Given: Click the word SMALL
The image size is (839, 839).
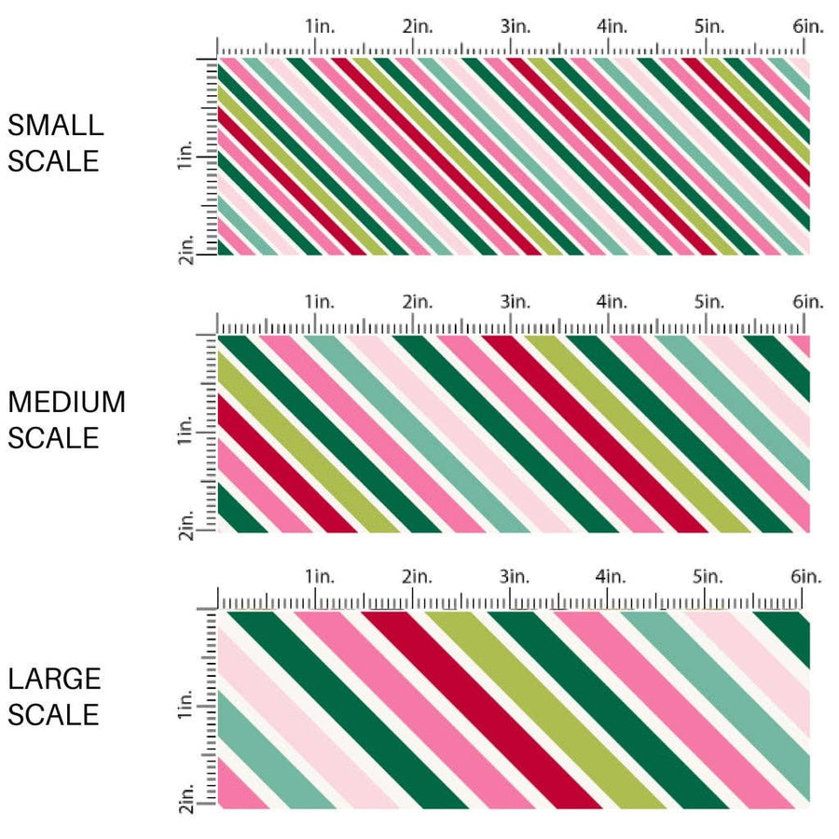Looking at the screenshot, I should [x=55, y=125].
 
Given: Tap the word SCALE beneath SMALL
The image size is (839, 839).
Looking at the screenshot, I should [x=54, y=161].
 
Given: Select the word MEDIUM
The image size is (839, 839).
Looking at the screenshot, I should [x=66, y=402].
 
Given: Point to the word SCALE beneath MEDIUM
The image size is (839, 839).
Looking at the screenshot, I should [x=54, y=437].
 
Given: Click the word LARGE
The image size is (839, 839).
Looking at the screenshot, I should [x=54, y=679].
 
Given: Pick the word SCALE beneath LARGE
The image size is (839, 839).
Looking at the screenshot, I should [x=54, y=715].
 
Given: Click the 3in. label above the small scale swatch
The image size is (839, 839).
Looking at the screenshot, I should [x=515, y=27].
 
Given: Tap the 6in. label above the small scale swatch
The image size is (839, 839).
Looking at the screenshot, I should [x=808, y=27].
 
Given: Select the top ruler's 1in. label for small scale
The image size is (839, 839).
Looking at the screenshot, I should [x=319, y=27].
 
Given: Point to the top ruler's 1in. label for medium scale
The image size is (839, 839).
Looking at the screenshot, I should [x=319, y=302].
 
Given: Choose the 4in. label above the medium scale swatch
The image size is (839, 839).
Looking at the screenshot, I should [x=612, y=302].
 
